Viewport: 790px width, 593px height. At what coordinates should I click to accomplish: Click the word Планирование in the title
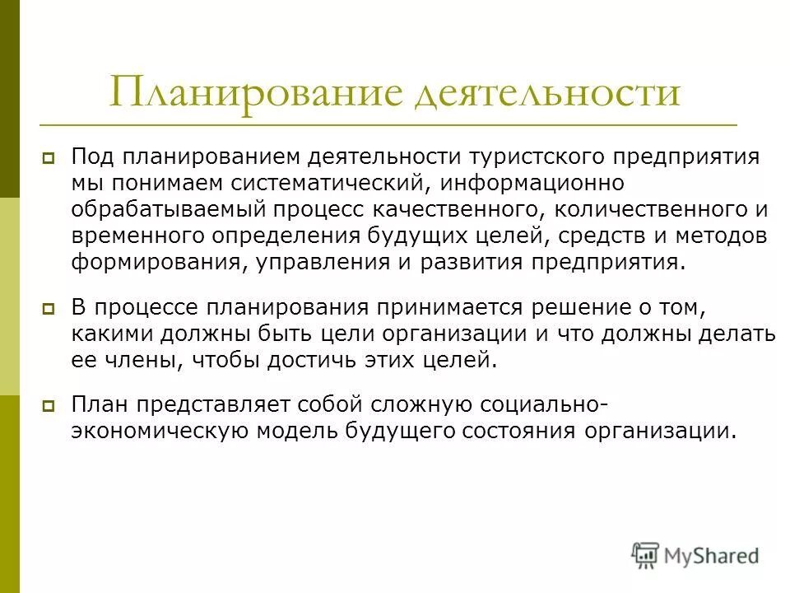pyautogui.click(x=255, y=92)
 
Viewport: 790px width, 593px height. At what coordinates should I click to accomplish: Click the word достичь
pyautogui.click(x=298, y=361)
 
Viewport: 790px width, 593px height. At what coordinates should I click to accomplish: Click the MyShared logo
pyautogui.click(x=695, y=554)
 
